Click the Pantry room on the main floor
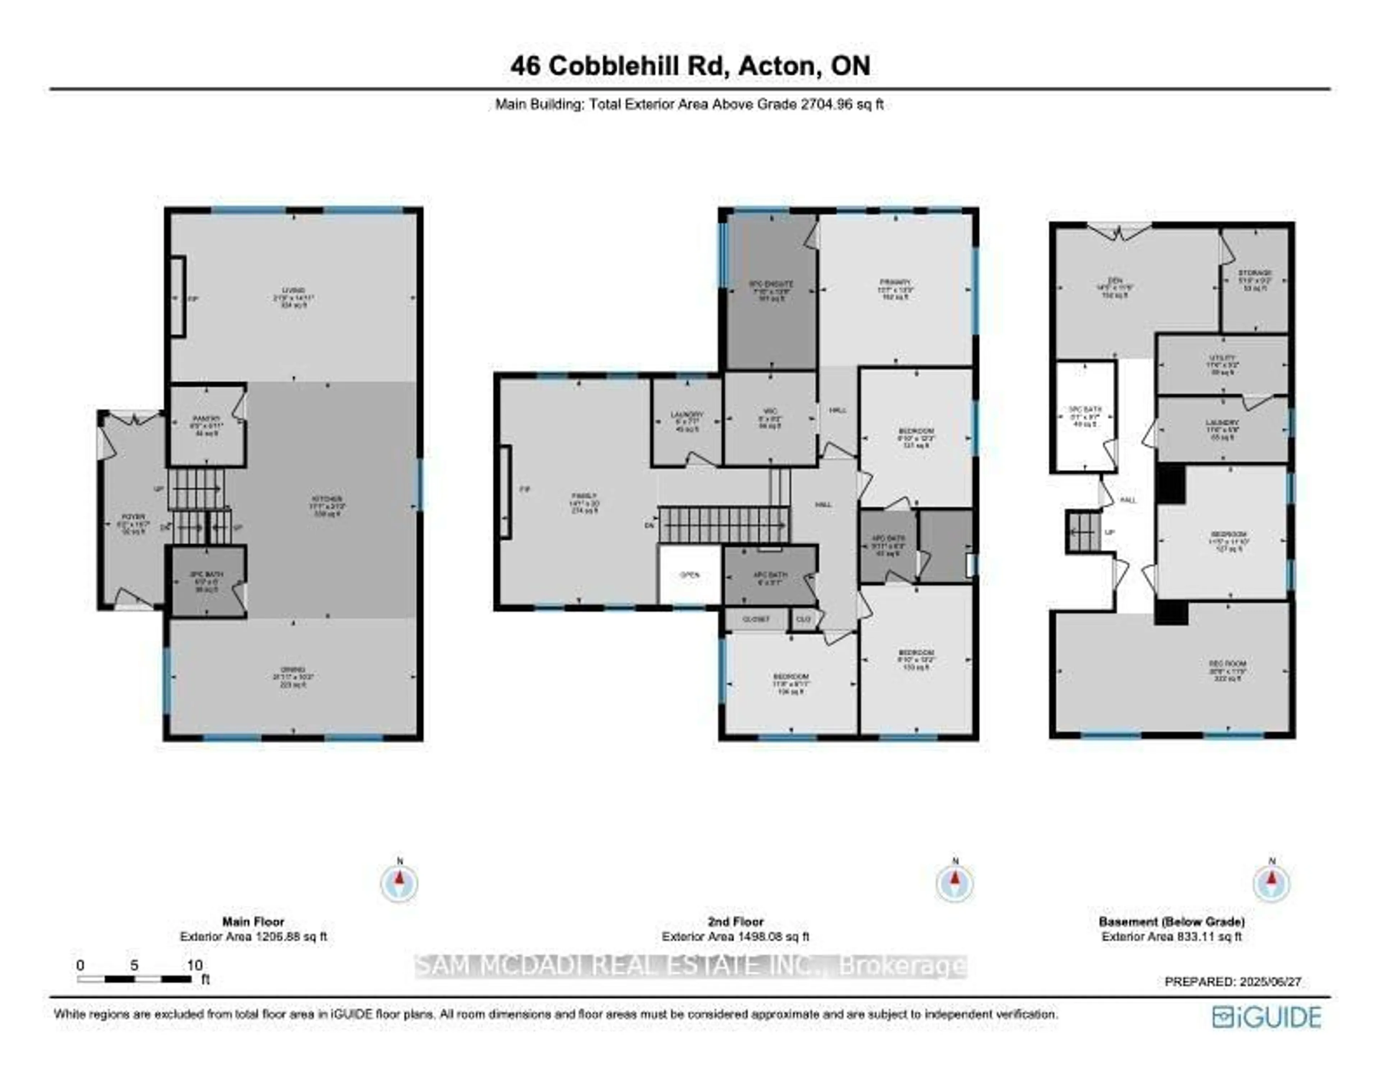coord(207,425)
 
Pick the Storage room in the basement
coord(1254,280)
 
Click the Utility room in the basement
coord(1222,365)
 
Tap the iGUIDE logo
coord(1266,1017)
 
